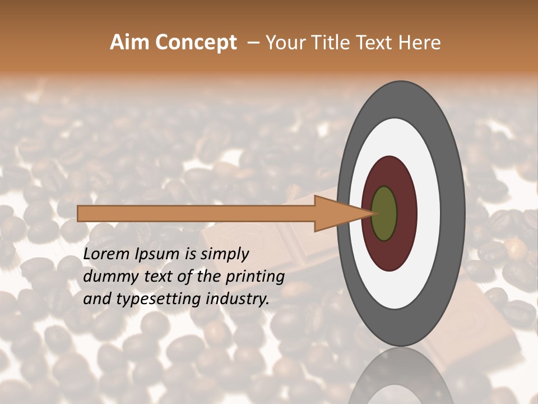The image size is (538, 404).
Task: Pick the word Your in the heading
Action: [284, 43]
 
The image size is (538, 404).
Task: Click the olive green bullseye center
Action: [384, 213]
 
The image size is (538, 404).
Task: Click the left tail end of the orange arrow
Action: [80, 213]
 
